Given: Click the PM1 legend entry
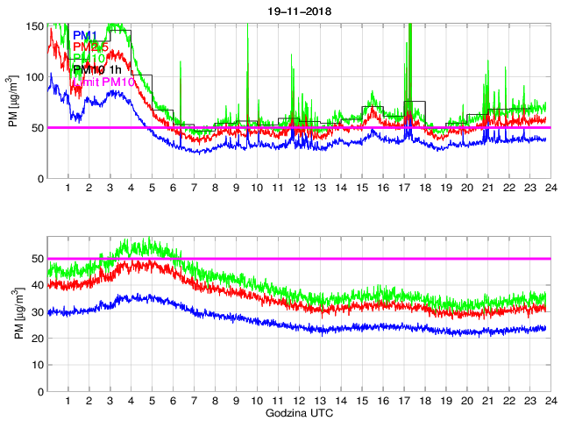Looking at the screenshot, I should point(84,34).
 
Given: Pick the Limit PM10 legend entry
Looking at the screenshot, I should point(102,82).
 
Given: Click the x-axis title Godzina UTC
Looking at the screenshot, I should point(298,411).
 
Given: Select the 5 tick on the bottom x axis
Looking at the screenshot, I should point(152,400).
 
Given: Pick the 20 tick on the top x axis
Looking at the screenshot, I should point(465,189).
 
